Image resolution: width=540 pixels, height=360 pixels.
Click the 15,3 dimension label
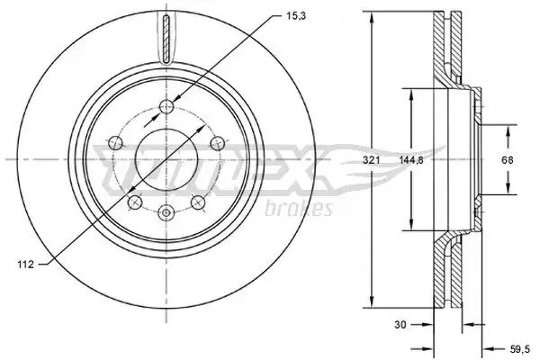(x=296, y=16)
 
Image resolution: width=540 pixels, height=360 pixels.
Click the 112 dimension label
(x=26, y=265)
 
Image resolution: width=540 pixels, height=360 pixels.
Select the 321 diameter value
(x=372, y=160)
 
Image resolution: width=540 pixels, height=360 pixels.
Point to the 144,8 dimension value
(x=411, y=160)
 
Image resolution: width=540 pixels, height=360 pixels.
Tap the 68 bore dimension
(x=508, y=160)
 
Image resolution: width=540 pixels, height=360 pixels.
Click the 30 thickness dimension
(x=400, y=324)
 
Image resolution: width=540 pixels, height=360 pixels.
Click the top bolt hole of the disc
(x=166, y=106)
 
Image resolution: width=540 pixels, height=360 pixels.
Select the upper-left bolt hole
(x=115, y=142)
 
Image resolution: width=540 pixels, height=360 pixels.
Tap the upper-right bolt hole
(x=217, y=143)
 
